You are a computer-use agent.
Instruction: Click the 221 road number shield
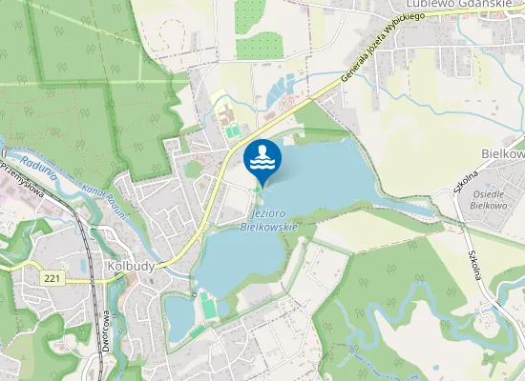tap(52, 276)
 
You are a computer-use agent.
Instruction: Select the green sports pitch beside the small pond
tap(209, 309)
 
